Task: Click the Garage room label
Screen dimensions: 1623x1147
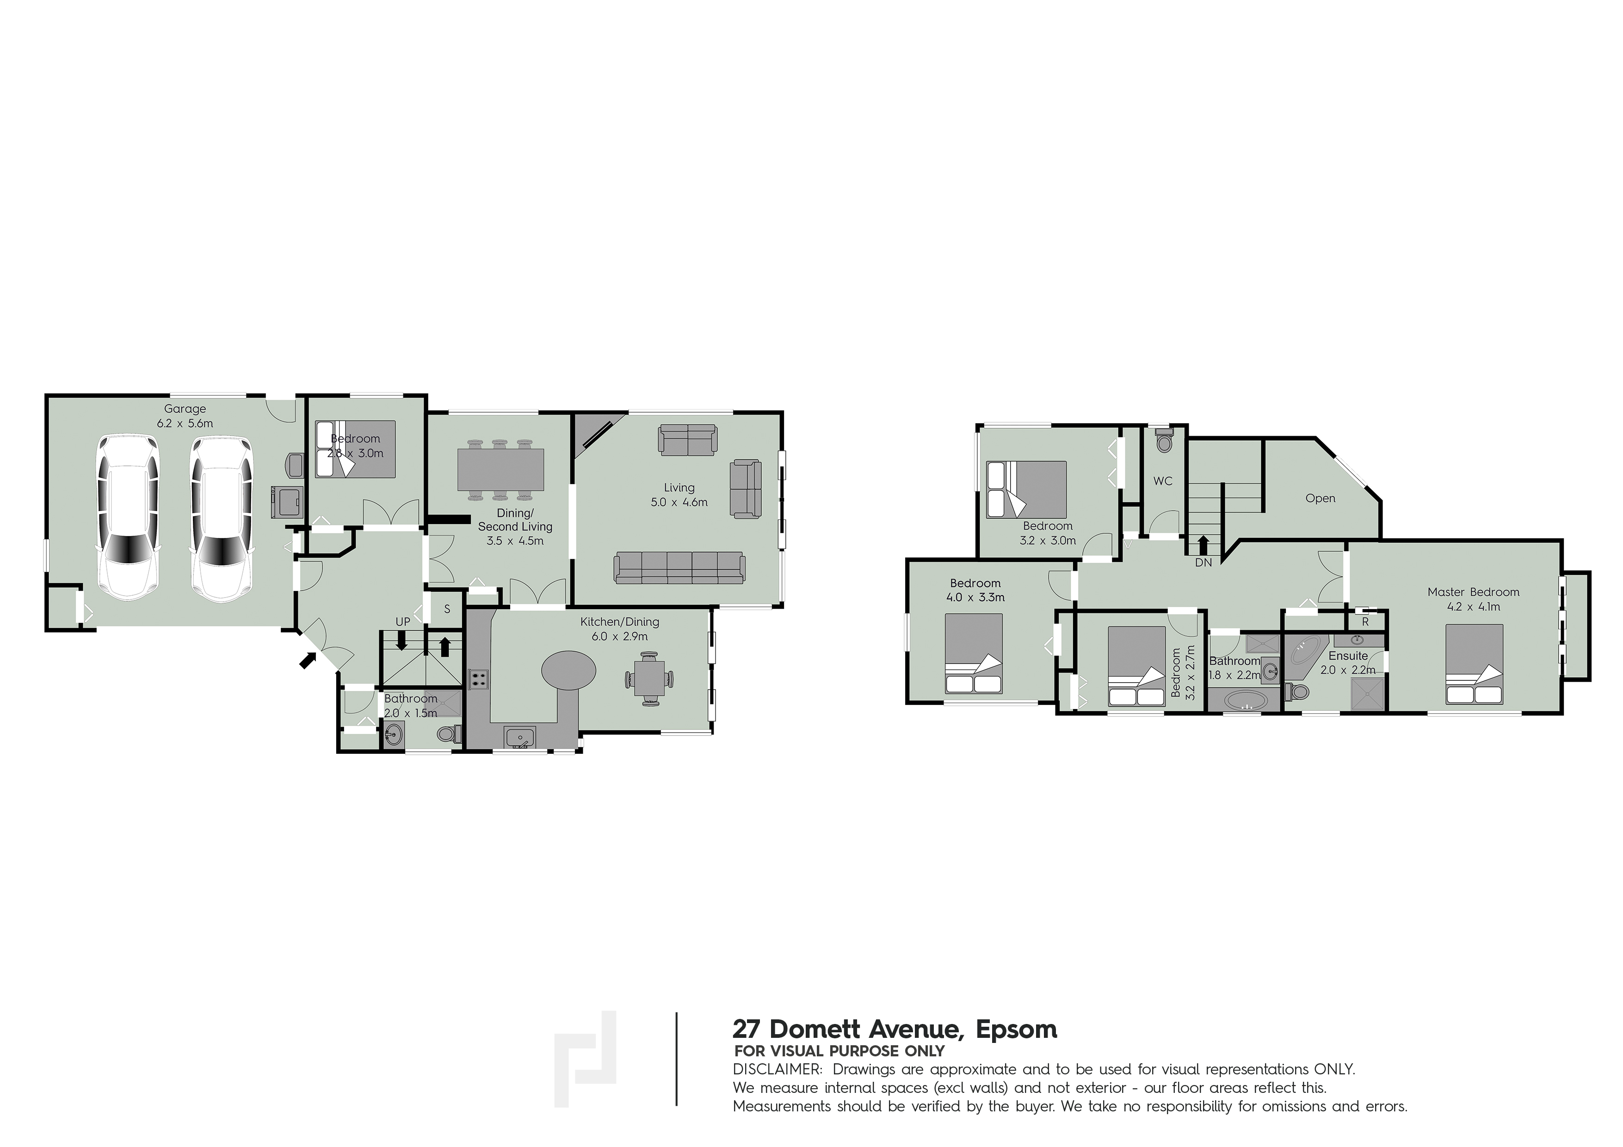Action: [185, 408]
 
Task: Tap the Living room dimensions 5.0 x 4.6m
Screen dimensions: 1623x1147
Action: [679, 502]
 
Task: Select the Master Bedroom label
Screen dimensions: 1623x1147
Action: [1473, 592]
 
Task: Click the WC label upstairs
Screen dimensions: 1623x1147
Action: [1163, 481]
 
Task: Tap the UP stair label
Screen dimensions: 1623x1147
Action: [403, 622]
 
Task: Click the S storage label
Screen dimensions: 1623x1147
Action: [447, 609]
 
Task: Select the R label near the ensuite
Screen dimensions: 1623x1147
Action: [1365, 623]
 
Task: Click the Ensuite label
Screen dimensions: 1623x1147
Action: [1348, 656]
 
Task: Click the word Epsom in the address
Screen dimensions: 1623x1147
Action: [1017, 1029]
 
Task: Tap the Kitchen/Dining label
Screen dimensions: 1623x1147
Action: [620, 622]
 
